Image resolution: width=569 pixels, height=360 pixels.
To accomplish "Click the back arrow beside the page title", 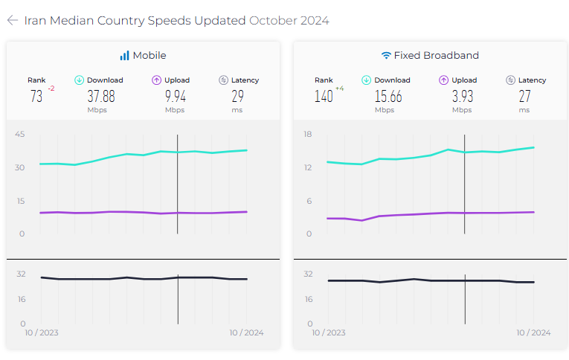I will (x=12, y=20).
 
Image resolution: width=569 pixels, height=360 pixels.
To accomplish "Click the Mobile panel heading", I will (x=143, y=55).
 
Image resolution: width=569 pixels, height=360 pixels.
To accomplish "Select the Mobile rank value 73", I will (x=36, y=96).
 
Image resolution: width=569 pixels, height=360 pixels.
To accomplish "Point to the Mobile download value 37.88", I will (x=101, y=96).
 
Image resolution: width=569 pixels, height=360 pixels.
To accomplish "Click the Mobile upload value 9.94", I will (x=175, y=96).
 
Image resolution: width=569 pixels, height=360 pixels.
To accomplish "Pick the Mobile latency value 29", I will (x=238, y=96).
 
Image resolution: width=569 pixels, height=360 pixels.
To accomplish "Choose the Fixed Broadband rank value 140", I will (x=324, y=96).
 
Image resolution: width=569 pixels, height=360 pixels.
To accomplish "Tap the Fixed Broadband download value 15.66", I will (x=388, y=96).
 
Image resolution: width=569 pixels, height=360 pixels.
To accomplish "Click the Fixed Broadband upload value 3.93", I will (x=462, y=96).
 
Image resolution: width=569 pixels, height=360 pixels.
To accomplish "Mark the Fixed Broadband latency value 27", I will (x=525, y=96).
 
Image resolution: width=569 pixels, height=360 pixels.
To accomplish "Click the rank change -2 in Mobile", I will (x=51, y=89).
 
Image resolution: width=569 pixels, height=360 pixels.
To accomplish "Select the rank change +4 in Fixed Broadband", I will (x=340, y=89).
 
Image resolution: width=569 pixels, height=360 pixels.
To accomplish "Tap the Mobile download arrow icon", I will (x=80, y=80).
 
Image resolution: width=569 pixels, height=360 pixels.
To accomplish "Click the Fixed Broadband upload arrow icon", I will (x=443, y=80).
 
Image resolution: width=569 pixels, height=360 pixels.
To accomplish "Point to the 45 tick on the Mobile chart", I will (x=20, y=134).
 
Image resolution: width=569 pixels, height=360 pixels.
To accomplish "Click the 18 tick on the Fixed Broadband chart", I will (x=307, y=134).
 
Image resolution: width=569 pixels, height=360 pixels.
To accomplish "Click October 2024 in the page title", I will (x=289, y=20).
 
